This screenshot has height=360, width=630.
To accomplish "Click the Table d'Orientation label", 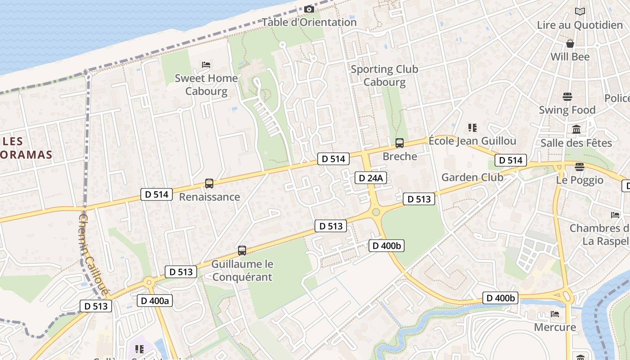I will point(309,22).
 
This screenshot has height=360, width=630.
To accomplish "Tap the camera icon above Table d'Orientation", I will point(309,9).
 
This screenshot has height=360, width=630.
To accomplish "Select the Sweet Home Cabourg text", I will point(206,85).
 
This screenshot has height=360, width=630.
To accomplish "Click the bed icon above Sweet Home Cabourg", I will point(206,65).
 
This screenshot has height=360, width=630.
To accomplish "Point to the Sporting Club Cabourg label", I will point(384,76).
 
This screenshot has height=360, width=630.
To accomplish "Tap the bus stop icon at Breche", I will point(399,143).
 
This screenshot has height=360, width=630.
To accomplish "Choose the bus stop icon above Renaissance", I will point(209,184).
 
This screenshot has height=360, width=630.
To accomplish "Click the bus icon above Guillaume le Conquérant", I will point(242,251).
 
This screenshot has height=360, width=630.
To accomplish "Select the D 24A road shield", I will point(371,178).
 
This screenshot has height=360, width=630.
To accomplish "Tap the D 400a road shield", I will point(154,301).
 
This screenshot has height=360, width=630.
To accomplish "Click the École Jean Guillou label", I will point(472,141).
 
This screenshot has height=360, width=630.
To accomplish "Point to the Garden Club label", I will point(472,177).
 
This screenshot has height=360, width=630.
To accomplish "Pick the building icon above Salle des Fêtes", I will point(576,130).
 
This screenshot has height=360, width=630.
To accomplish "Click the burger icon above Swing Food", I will point(567,97).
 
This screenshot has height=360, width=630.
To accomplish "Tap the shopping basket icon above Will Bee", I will point(570,44).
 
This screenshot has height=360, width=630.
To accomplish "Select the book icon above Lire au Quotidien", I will point(580,12).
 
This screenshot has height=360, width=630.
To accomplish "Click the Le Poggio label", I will point(580,180).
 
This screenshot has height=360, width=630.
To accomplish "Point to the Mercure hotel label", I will point(555,327).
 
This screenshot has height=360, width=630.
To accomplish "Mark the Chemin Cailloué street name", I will point(93,254).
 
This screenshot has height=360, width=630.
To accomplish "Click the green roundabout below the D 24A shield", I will point(376,212).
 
